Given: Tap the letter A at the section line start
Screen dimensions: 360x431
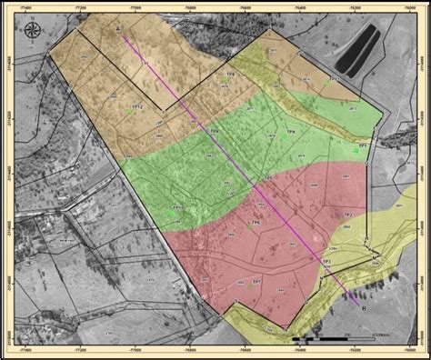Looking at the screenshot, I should point(118,29).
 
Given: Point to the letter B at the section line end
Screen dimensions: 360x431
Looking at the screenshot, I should point(365,308).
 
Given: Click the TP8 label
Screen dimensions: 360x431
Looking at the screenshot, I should point(230,75).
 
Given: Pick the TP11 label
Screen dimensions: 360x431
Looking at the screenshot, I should point(334,79).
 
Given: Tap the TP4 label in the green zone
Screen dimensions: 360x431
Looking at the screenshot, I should point(215,132).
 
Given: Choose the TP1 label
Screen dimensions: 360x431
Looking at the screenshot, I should point(362,145).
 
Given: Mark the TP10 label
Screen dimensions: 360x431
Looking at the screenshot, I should point(178,207).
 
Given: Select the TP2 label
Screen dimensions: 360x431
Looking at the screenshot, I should point(346,215).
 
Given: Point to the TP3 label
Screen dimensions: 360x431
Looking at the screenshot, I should point(326,262).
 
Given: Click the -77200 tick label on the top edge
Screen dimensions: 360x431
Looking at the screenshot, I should point(84,6).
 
